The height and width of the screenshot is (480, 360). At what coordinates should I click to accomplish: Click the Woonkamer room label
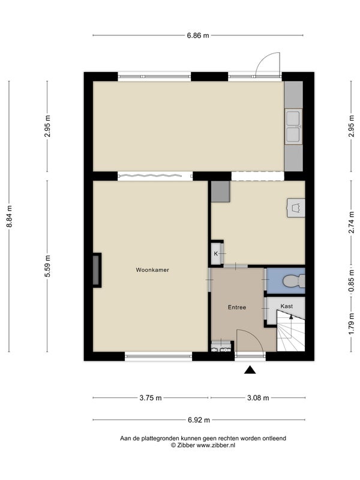click(x=152, y=270)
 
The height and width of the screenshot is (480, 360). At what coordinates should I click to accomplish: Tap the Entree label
click(x=237, y=307)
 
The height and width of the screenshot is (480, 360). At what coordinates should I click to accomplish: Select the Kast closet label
click(x=287, y=306)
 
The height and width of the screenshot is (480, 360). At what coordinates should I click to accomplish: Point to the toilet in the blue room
click(x=293, y=281)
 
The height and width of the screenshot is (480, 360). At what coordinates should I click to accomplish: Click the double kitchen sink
click(x=293, y=127)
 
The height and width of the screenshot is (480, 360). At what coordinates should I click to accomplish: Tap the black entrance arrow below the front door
click(x=250, y=370)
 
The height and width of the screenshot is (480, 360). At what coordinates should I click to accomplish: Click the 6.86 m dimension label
click(x=198, y=35)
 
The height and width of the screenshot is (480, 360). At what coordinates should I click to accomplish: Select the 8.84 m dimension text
click(x=9, y=216)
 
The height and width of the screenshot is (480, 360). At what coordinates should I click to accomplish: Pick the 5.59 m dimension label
click(x=47, y=266)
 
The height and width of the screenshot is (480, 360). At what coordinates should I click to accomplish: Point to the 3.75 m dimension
click(x=151, y=398)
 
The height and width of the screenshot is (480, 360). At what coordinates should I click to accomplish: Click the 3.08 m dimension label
click(x=258, y=398)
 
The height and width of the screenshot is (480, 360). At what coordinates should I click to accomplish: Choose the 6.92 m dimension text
click(x=199, y=420)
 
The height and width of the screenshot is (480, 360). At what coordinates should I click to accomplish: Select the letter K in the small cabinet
click(x=215, y=254)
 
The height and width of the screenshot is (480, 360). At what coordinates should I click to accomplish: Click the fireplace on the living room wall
click(x=97, y=271)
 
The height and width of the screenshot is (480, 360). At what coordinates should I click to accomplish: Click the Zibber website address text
click(x=216, y=445)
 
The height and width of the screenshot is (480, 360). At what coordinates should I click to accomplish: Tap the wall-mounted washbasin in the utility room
click(x=296, y=208)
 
